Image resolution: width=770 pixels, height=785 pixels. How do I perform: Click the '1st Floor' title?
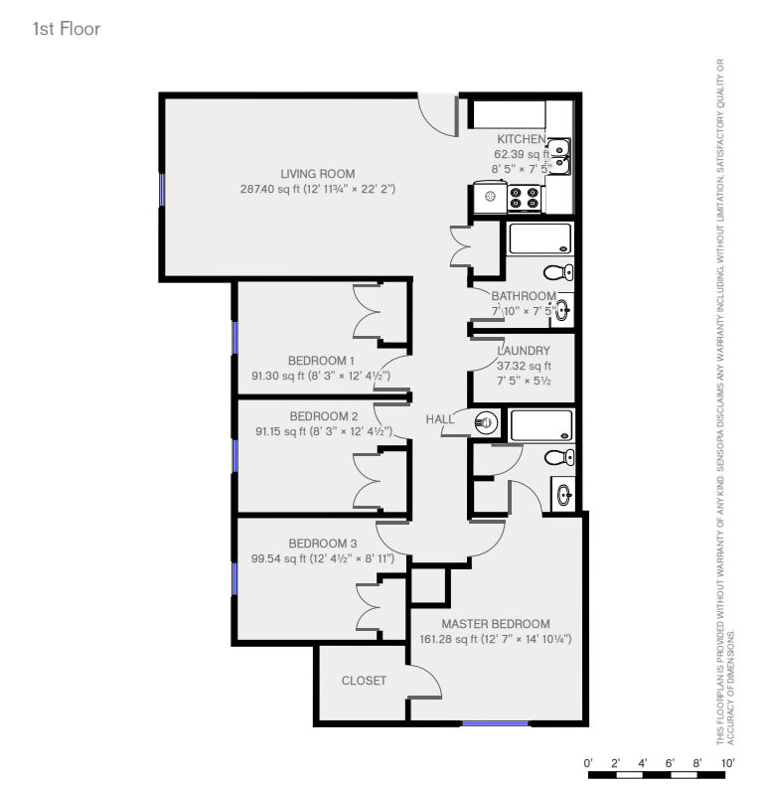67,29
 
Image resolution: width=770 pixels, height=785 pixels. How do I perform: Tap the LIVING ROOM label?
317,174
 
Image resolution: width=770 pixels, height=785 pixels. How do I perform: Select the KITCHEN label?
522,139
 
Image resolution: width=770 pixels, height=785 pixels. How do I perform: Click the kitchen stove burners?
525,198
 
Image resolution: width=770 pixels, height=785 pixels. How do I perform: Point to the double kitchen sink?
559,156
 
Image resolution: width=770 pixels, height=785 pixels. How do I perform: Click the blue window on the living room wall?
162,190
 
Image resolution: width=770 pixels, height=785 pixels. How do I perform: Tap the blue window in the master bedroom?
495,723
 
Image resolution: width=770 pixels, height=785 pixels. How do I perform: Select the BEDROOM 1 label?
321,361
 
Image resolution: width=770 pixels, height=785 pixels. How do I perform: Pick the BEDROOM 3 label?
323,544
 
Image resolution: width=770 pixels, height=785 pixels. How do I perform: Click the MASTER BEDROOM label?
496,624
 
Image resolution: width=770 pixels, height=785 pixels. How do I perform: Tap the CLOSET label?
364,681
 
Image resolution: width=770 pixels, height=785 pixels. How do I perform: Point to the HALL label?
439,419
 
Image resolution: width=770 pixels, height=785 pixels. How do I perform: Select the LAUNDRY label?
524,351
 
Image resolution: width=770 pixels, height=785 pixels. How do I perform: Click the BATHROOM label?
524,296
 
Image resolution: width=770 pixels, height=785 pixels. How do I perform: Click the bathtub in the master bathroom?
540,425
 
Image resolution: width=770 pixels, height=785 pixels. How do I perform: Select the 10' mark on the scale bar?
727,763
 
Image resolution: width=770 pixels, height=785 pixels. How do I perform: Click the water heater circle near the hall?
486,422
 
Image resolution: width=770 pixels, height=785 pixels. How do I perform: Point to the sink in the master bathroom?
563,495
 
